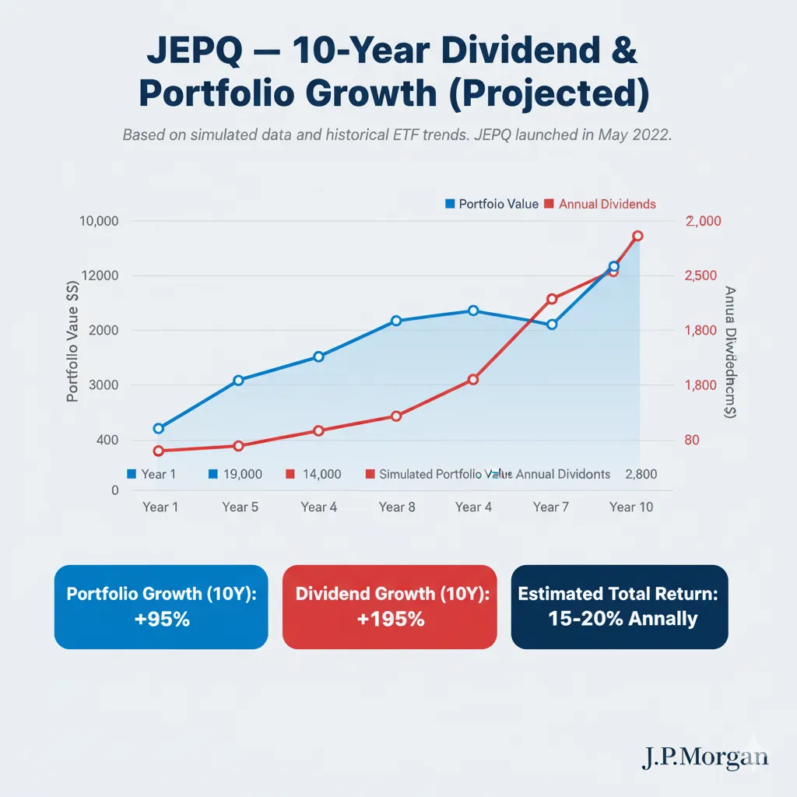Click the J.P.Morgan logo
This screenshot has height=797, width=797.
[x=704, y=757]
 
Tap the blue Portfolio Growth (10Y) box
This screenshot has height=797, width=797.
[x=161, y=607]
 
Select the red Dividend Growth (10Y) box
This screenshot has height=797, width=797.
[x=389, y=607]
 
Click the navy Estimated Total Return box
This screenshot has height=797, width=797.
[x=619, y=607]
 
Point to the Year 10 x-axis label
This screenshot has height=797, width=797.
[x=631, y=507]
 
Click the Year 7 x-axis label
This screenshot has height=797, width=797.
[x=552, y=507]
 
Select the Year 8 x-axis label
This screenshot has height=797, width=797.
[x=396, y=507]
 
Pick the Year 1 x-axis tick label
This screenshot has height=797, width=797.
[x=160, y=507]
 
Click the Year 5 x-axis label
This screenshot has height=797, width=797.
[x=240, y=507]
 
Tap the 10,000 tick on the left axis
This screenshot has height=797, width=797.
[x=99, y=221]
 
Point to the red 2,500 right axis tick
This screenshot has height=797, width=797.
[x=705, y=276]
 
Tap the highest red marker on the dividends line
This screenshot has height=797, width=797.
[x=637, y=236]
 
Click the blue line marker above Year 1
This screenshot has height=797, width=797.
[x=159, y=428]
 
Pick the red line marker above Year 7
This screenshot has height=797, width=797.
[x=552, y=299]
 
